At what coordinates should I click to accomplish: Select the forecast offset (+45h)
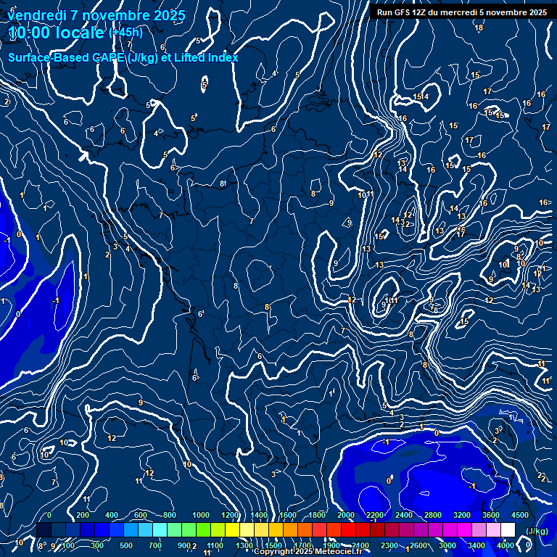125,33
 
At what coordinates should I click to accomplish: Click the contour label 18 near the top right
479,28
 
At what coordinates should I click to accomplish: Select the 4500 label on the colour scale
520,515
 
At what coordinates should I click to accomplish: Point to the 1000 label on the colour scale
201,515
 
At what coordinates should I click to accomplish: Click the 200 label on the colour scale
82,515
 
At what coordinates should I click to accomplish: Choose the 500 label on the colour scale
126,545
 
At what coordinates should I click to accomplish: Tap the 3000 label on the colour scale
447,545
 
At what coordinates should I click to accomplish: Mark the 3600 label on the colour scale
491,515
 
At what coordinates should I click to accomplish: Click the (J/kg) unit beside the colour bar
536,531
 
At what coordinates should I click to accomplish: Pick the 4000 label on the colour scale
506,545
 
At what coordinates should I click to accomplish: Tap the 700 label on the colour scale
155,545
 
